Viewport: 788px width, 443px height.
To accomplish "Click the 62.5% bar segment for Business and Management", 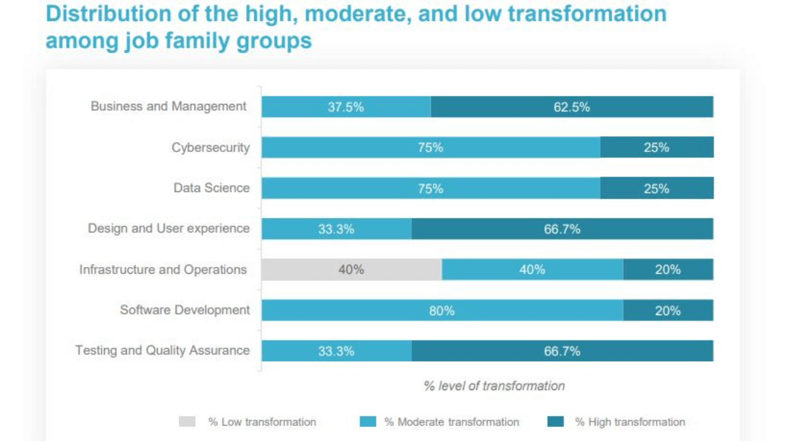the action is point(572,107).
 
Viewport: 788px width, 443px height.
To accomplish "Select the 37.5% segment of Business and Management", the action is point(346,107).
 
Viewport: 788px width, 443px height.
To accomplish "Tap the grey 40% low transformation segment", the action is point(352,269).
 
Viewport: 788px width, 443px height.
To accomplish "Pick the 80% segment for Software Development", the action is point(443,311).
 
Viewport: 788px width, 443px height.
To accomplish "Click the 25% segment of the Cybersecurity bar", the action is point(657,147).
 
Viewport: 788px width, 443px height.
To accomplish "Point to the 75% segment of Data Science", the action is point(431,188).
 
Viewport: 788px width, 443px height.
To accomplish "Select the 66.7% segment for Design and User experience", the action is point(563,229).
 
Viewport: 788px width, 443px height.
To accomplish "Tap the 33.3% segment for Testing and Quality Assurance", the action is point(337,351).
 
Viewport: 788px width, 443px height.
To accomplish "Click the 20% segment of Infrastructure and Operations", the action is point(669,269).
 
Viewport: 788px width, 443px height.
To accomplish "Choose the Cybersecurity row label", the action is point(211,148).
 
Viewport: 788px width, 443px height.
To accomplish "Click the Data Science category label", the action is point(211,188).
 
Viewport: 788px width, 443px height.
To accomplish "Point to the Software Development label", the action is point(185,310).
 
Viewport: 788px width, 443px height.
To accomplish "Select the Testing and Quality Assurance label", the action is point(163,351).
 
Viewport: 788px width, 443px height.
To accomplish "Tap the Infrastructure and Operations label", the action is point(163,269).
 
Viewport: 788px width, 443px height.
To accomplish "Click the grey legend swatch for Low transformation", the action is point(187,421).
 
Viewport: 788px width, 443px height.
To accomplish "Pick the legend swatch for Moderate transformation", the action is point(368,421).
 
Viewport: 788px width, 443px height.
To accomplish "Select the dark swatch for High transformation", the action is point(556,421).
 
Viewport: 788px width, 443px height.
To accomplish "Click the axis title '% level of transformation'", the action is point(494,386).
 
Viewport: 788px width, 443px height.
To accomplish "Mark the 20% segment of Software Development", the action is point(669,311).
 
